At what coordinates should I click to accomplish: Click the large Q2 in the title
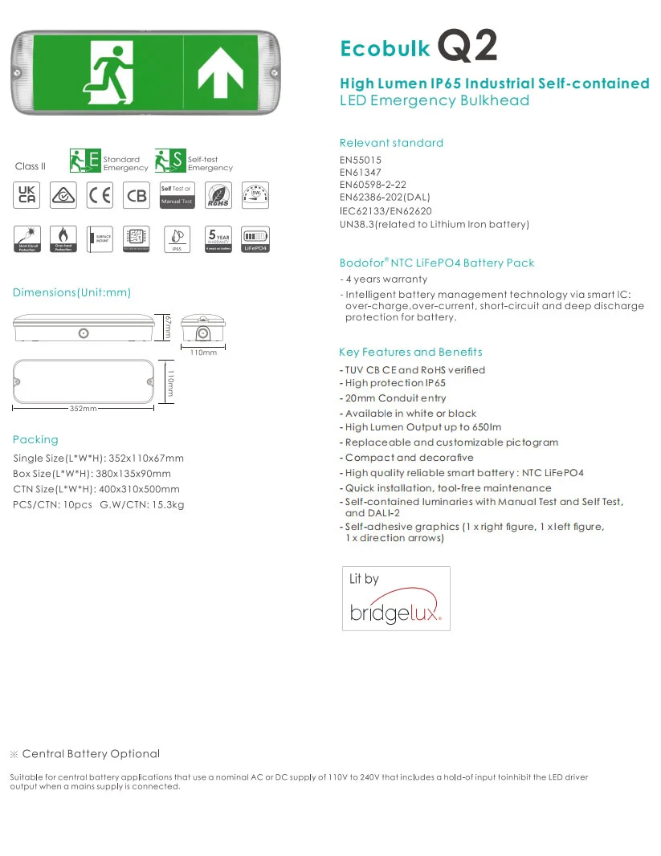pyautogui.click(x=467, y=46)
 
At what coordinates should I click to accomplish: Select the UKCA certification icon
pyautogui.click(x=27, y=195)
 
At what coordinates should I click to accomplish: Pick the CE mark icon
pyautogui.click(x=100, y=195)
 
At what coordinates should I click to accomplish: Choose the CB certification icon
pyautogui.click(x=137, y=195)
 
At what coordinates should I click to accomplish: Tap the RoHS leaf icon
pyautogui.click(x=218, y=195)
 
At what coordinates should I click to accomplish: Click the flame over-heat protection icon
pyautogui.click(x=63, y=238)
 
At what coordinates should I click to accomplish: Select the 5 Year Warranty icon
pyautogui.click(x=218, y=238)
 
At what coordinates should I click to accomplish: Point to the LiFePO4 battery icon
pyautogui.click(x=255, y=238)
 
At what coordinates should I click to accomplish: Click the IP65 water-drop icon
pyautogui.click(x=177, y=238)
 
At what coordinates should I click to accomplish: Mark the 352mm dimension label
pyautogui.click(x=83, y=409)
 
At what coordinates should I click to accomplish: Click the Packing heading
pyautogui.click(x=35, y=439)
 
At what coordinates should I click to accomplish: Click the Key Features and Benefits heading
pyautogui.click(x=410, y=352)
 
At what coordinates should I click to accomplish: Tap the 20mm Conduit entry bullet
pyautogui.click(x=395, y=398)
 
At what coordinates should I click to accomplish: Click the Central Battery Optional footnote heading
pyautogui.click(x=91, y=753)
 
